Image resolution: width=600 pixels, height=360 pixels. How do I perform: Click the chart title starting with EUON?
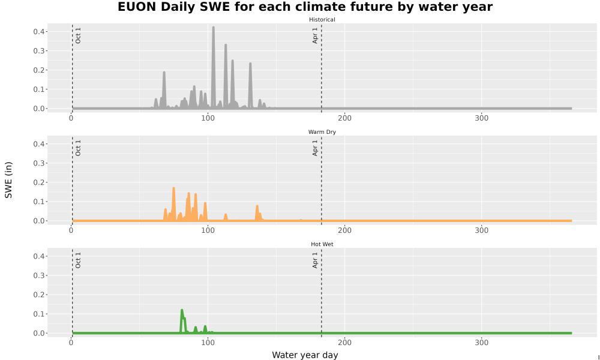coord(305,7)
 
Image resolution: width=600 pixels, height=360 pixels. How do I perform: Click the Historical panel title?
coord(322,20)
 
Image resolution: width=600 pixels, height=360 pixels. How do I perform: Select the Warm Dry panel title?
coord(322,132)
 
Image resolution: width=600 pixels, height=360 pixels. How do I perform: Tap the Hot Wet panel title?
coord(322,244)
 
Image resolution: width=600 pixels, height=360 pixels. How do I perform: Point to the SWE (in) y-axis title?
coord(8,180)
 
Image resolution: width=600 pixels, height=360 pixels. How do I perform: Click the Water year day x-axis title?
coord(305,355)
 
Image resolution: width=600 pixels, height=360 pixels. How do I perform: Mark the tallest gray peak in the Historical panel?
coord(213,28)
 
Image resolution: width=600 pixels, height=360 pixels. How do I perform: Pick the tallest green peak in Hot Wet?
coord(182,310)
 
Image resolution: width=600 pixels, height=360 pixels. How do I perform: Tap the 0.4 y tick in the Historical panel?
coord(40,31)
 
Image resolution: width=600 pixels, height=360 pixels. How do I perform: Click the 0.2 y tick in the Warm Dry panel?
coord(40,182)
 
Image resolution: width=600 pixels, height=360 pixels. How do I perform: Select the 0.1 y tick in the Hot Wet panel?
coord(40,314)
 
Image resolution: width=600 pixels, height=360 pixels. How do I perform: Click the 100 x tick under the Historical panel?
coord(208,118)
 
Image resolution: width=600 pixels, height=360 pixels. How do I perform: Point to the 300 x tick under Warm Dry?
coord(481,230)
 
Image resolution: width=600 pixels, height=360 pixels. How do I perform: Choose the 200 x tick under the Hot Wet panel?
coord(345,343)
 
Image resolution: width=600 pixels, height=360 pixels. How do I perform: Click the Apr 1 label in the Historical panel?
coord(315,35)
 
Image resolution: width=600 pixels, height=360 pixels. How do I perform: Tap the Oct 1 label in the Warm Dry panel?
coord(78,148)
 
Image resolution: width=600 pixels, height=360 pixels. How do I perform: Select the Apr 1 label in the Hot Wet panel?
coord(315,260)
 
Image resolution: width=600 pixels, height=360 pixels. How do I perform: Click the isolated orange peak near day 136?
coord(257,207)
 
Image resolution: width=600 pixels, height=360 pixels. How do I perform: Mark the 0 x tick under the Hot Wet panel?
coord(71,343)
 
